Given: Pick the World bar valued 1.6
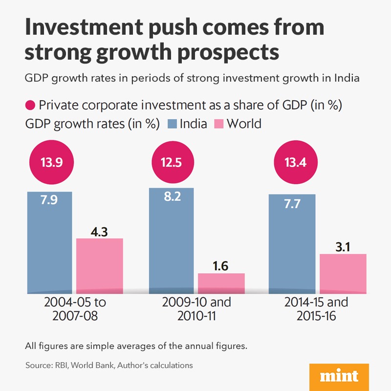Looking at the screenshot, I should pyautogui.click(x=221, y=283).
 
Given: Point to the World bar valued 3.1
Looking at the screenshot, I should pyautogui.click(x=343, y=273).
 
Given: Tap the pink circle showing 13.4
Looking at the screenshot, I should pyautogui.click(x=293, y=162).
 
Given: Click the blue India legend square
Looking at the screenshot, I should pyautogui.click(x=172, y=124).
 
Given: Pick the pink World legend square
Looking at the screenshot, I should pyautogui.click(x=219, y=124).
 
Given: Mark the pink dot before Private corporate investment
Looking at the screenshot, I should pyautogui.click(x=30, y=105).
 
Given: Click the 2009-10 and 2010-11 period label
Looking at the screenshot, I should pyautogui.click(x=196, y=309).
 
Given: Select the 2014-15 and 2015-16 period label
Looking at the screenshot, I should pyautogui.click(x=316, y=309).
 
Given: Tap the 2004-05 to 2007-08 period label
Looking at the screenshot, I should pyautogui.click(x=75, y=309).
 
